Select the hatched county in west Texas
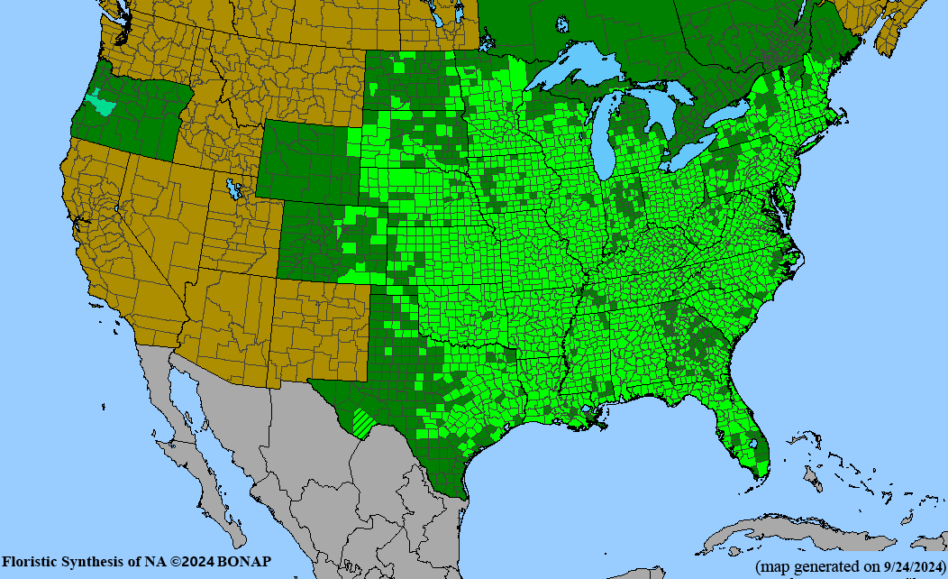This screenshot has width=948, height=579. coord(365,422)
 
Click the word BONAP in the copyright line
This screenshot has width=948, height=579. coord(243,562)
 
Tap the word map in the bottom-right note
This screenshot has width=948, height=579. coord(771,566)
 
